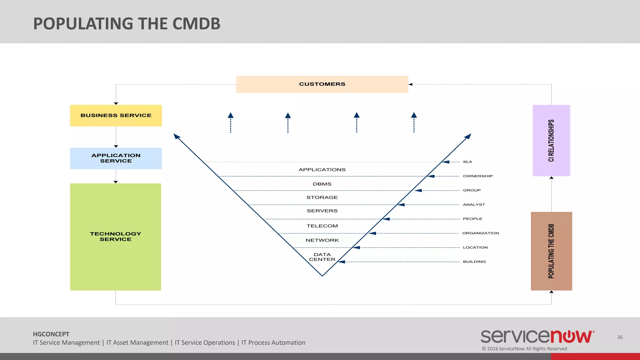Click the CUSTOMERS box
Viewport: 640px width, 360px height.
(x=322, y=84)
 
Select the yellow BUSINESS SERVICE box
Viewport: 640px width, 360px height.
(x=116, y=115)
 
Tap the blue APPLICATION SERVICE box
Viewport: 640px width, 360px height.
(x=116, y=158)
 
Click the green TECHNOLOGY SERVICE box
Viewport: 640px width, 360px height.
(x=116, y=237)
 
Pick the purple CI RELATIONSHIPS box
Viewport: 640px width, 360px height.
(x=551, y=140)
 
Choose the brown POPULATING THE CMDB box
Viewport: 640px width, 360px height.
(x=551, y=251)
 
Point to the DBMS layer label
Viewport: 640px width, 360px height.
(x=322, y=184)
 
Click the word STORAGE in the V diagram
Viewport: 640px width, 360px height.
(x=322, y=197)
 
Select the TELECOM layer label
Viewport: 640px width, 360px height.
(x=322, y=226)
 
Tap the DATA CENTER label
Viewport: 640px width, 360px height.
(x=322, y=257)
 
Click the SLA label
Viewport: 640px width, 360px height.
(x=467, y=162)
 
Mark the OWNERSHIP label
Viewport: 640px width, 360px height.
(x=477, y=176)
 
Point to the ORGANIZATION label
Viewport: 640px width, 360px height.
(x=480, y=233)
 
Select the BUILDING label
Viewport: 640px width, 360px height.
(x=474, y=262)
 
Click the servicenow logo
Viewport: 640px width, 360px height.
(x=537, y=337)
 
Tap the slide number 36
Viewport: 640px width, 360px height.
(x=620, y=337)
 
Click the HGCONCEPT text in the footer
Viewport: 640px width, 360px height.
(x=51, y=334)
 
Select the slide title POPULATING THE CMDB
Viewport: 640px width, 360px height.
(x=127, y=24)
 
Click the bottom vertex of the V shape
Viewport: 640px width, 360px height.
(x=322, y=276)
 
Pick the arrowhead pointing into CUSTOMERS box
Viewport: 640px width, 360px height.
(x=411, y=84)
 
